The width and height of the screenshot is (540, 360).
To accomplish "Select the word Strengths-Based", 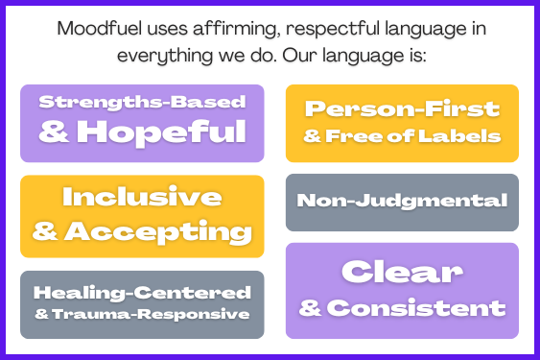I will click(x=142, y=102).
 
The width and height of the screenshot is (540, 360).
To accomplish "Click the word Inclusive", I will click(x=142, y=197).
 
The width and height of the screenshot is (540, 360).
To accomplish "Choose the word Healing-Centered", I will click(x=142, y=293).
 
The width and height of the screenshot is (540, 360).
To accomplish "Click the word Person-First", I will click(x=403, y=108).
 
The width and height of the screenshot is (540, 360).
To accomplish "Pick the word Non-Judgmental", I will click(x=402, y=201).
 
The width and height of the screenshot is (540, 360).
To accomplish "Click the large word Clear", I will click(x=403, y=273).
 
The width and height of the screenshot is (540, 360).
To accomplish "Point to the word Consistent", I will click(x=416, y=308).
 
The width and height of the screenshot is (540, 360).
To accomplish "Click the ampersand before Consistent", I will click(x=310, y=308).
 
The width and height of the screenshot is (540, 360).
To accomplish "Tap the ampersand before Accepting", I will click(x=44, y=231).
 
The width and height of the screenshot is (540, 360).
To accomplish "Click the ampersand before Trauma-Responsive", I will click(x=39, y=314).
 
